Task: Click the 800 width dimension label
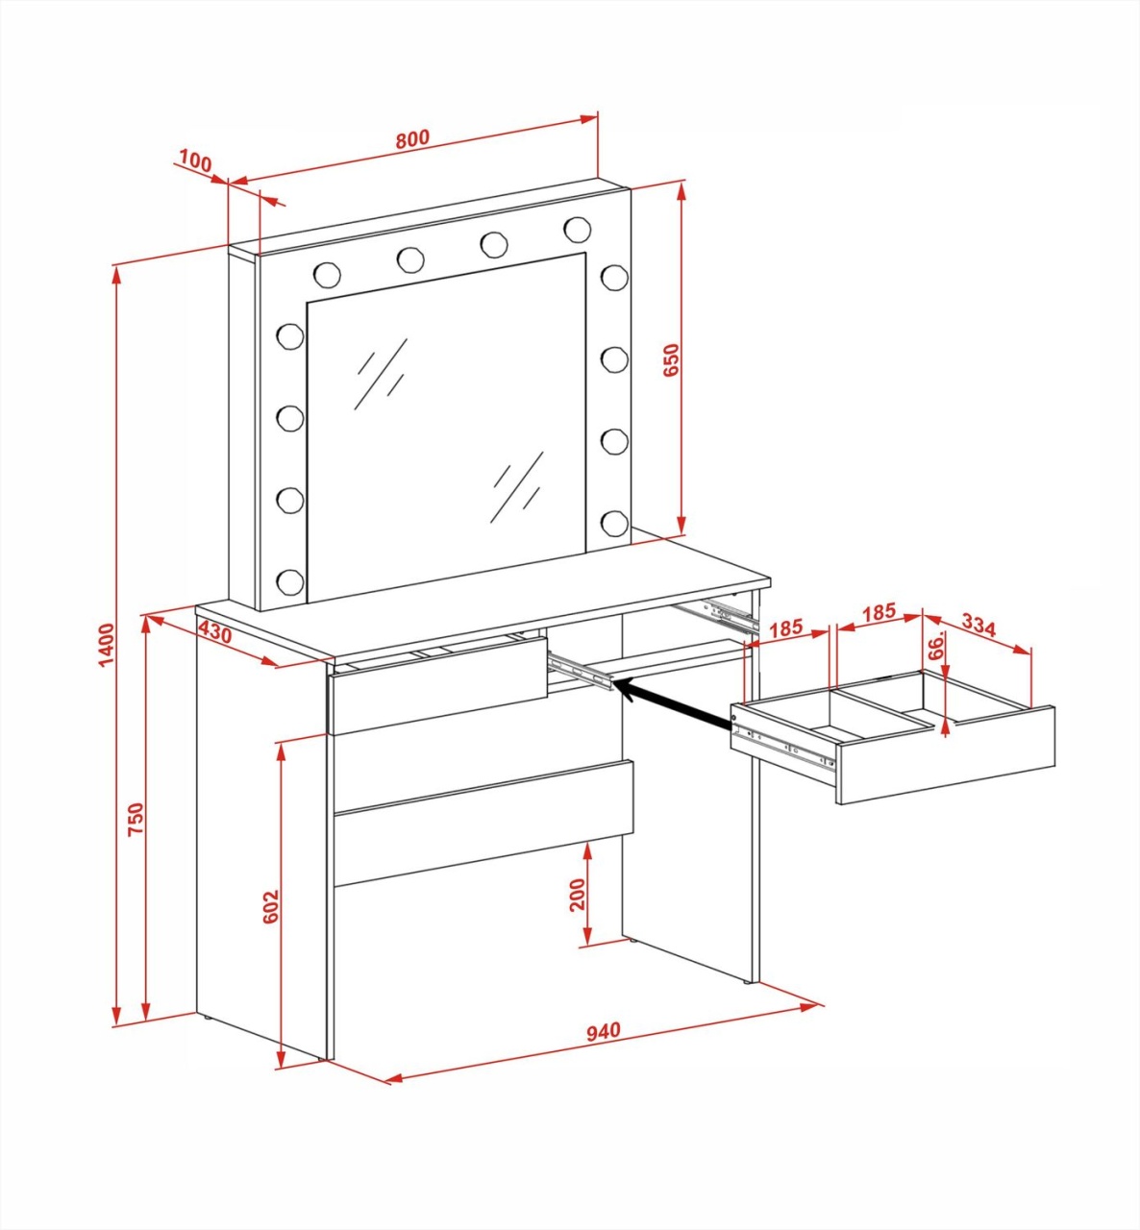[x=412, y=138]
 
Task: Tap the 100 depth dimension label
[x=193, y=161]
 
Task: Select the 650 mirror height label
[x=671, y=359]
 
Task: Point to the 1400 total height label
[x=107, y=646]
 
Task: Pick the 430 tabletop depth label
[x=215, y=631]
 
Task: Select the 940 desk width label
[x=603, y=1030]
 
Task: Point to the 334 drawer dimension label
[x=979, y=627]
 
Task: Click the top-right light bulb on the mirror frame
[x=578, y=229]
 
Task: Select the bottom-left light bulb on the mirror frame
[x=290, y=581]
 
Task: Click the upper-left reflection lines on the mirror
[x=381, y=374]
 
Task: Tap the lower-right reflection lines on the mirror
[x=517, y=487]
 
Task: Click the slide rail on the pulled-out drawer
[x=783, y=748]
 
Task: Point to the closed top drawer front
[x=437, y=683]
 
